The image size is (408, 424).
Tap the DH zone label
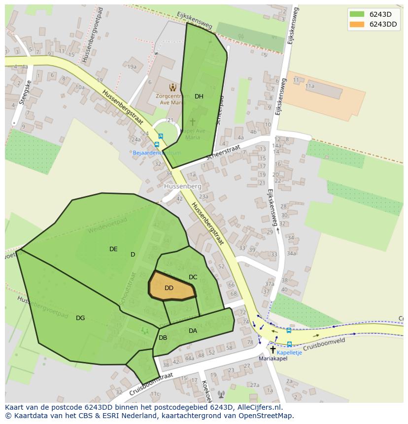click(x=199, y=97)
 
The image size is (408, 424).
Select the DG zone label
click(x=80, y=318)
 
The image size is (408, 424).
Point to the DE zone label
click(x=113, y=249)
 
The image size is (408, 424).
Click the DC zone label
click(x=193, y=277)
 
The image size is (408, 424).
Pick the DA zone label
click(x=193, y=331)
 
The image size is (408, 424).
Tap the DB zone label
click(x=163, y=338)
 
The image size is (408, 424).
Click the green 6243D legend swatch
click(x=357, y=14)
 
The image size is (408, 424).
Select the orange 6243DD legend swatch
click(x=357, y=24)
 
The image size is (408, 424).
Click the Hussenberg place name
click(x=182, y=187)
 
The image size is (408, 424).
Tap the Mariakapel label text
click(x=273, y=359)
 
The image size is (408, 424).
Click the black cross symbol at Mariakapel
click(x=273, y=350)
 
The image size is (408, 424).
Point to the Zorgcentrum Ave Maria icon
click(x=172, y=87)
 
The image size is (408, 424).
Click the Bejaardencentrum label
click(x=157, y=153)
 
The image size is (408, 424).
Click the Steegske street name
click(x=23, y=93)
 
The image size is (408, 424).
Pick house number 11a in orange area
click(x=309, y=86)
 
